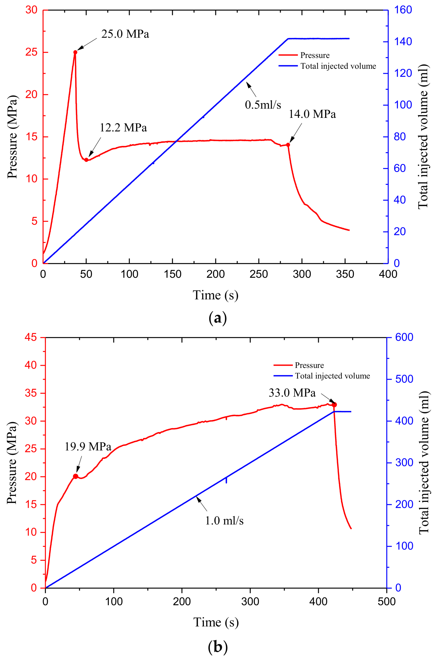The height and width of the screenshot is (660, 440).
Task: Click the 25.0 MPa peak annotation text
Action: click(x=125, y=34)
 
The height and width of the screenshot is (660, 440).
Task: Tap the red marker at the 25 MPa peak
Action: click(x=75, y=52)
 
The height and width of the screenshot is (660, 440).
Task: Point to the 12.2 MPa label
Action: click(x=123, y=128)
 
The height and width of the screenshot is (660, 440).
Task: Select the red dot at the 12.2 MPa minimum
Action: click(x=87, y=160)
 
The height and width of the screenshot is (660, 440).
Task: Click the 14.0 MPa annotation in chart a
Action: click(x=312, y=114)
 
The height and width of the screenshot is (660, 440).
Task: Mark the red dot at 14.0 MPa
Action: click(x=288, y=145)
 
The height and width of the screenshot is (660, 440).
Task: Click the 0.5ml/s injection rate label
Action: click(x=263, y=105)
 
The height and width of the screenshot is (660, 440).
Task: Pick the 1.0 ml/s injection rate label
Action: click(x=224, y=521)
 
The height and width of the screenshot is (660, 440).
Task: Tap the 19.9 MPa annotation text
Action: click(x=88, y=447)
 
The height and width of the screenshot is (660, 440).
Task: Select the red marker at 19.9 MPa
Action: click(x=75, y=476)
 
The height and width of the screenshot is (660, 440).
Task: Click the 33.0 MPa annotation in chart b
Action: click(x=292, y=393)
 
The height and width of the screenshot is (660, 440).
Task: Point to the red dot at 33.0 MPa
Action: click(x=334, y=405)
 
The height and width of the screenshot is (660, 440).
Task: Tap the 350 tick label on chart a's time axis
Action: click(x=345, y=274)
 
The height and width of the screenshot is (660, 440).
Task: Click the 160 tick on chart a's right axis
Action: click(x=403, y=10)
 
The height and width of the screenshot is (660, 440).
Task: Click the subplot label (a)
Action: click(x=217, y=318)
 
